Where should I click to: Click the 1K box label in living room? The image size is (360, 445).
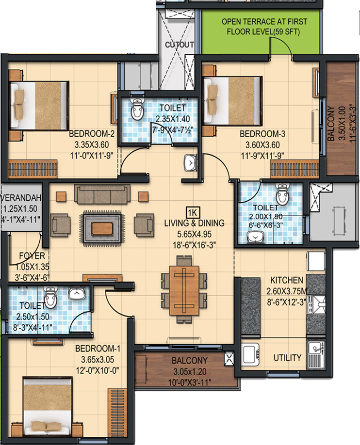[x=193, y=212]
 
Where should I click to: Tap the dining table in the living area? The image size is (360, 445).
[x=184, y=290]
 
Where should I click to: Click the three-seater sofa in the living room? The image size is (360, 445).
[x=102, y=194]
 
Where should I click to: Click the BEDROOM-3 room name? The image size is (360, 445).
[x=262, y=134]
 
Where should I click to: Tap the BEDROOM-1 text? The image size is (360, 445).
[x=98, y=349]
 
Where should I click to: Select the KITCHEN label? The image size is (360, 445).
[x=286, y=280]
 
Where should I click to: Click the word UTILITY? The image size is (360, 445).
[x=287, y=358]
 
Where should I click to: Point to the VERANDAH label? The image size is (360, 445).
[x=21, y=197]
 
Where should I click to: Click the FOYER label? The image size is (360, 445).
[x=32, y=255]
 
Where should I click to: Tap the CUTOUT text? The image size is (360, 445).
[x=180, y=45]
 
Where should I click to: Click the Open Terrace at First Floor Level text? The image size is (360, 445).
[x=264, y=26]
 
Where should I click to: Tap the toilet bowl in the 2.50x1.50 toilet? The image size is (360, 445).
[x=50, y=297]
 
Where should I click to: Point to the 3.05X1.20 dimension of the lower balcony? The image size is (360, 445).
[x=190, y=371]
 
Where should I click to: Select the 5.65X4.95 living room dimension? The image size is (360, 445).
[x=195, y=234]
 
